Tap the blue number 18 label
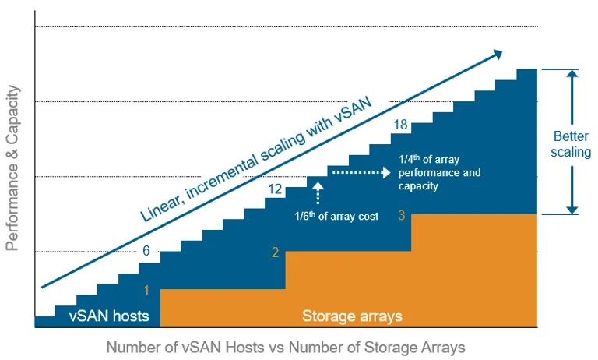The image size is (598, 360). tap(401, 125)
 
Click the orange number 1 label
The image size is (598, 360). tap(146, 290)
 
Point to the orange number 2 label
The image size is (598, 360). tap(275, 252)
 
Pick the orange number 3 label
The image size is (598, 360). tap(400, 215)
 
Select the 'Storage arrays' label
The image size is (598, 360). tap(352, 316)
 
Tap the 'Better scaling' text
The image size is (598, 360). tap(571, 143)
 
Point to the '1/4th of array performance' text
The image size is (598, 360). tap(439, 173)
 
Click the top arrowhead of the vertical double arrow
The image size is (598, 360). tap(572, 75)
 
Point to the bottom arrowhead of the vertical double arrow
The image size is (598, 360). tap(572, 208)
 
